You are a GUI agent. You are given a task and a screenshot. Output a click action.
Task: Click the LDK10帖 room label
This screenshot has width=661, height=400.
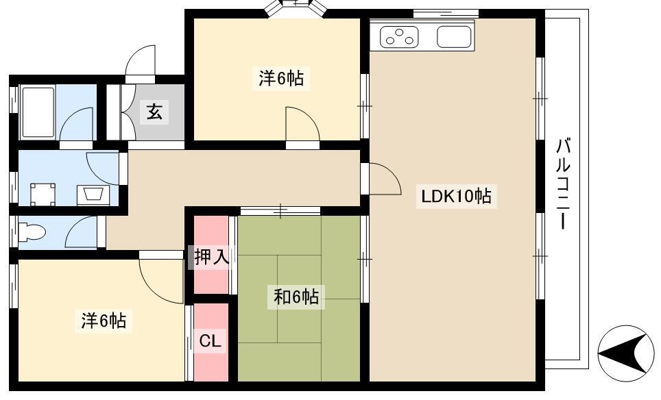coord(456,196)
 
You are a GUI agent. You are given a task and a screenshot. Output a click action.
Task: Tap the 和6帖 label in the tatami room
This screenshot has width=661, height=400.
coord(296,297)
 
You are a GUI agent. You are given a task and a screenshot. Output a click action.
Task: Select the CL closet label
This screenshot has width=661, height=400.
coord(210,340)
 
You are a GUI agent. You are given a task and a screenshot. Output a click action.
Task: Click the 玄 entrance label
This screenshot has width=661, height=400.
coord(154,112)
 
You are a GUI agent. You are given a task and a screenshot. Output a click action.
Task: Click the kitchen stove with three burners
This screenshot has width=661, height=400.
coord(399,36)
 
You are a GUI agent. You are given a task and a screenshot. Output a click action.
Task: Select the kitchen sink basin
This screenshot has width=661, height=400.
coord(454,36)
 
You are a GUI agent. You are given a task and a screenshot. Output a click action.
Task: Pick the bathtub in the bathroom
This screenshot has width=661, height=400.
coord(38,112)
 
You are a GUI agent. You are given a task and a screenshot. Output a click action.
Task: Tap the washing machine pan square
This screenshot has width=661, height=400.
coord(43,195)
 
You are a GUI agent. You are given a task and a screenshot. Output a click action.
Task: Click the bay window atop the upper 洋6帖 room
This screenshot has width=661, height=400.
coord(297,7)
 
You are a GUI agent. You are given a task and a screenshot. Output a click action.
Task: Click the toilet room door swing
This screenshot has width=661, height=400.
coord(81,232)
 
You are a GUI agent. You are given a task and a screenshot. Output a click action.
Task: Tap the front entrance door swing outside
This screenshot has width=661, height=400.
coord(141,60)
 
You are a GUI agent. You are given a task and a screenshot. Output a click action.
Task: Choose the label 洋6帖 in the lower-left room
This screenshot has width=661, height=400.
coord(104,321)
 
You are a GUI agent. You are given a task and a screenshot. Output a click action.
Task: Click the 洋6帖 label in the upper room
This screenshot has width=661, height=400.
coord(280,78)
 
